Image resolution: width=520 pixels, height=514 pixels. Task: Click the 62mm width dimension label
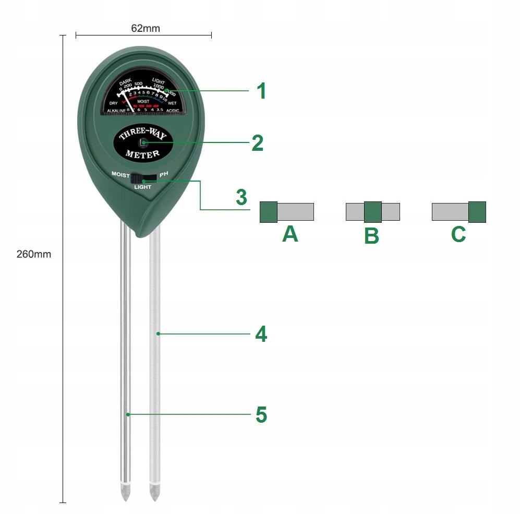pos(145,28)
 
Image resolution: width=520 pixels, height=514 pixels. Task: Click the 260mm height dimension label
pos(34,255)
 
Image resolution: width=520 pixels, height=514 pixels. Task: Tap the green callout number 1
pos(261,91)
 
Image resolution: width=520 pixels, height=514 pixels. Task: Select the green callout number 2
pos(257,143)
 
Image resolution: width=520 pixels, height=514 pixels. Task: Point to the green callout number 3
pos(241,198)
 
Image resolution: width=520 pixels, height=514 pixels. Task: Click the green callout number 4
pos(261,334)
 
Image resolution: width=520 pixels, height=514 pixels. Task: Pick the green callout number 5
pos(261,415)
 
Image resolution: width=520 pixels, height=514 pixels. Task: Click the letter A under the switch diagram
pos(290,234)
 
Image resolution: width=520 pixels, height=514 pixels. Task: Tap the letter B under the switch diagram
pos(371,235)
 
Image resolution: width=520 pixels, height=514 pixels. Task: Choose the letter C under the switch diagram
pos(458,234)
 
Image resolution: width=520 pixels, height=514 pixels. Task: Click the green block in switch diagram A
pos(269,212)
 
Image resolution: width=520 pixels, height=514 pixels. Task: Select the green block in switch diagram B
pos(372,212)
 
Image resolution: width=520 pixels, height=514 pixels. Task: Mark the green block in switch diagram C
pos(477,212)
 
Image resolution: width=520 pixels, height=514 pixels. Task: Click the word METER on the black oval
pos(142,154)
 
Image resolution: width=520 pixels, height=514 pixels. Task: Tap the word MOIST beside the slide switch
pos(120,174)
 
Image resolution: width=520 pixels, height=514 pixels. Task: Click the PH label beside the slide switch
pos(164,173)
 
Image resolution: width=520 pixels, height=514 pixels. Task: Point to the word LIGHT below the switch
pos(142,187)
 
